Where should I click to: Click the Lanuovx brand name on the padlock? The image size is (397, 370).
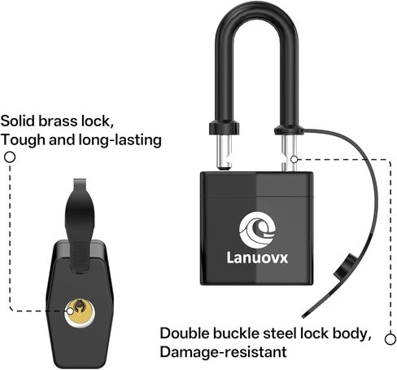pos(257,258)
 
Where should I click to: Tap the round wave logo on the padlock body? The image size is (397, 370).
pos(257,230)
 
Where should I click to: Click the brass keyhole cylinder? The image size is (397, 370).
pos(80,312)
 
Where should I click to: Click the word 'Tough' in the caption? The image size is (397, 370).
pos(23,140)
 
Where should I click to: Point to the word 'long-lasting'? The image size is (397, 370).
pos(120,140)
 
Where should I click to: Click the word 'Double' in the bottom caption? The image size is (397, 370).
pos(185,333)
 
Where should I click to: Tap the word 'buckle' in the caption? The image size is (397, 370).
pos(236,333)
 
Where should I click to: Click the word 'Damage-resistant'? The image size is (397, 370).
pos(223,352)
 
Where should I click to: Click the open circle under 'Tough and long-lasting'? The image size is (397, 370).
pos(10,157)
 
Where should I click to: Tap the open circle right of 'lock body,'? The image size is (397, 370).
pos(390,339)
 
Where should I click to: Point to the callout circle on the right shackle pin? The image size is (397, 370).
pos(294,160)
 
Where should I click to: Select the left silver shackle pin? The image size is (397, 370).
pos(224,152)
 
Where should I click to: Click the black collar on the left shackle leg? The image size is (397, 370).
pos(224,128)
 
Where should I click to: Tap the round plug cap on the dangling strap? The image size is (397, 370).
pos(345,269)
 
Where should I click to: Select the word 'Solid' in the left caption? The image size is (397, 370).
pos(18,121)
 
